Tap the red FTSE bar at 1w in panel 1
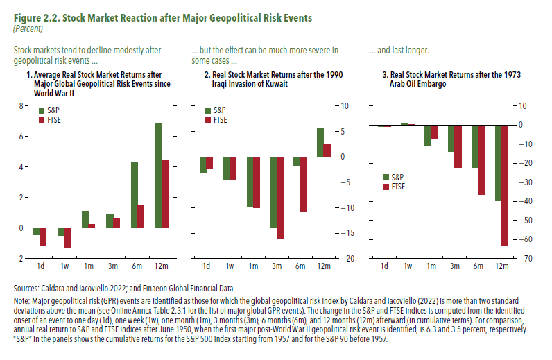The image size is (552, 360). point(67,237)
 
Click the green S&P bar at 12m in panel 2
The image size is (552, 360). point(320,142)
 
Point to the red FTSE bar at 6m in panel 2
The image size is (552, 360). point(304,184)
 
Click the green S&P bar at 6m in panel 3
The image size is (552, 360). point(474,146)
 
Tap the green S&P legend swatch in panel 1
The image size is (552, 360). point(42,110)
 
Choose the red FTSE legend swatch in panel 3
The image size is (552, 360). point(386,187)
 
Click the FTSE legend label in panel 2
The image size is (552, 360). point(220,120)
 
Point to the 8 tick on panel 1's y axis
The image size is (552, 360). point(21,106)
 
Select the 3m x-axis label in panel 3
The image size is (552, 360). point(455,267)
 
